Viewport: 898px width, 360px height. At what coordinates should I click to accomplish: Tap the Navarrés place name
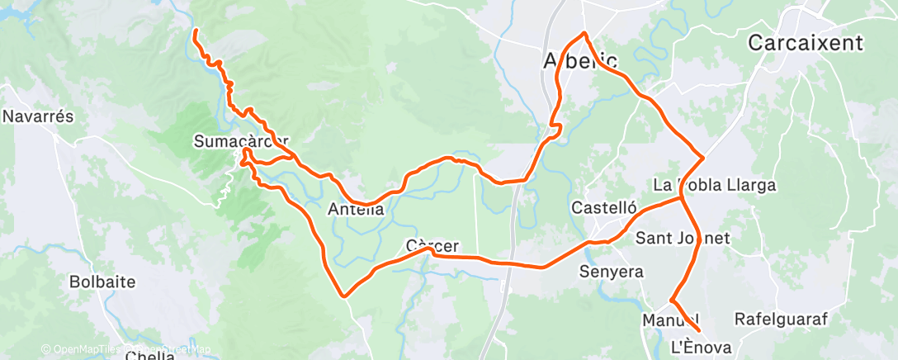coord(38,116)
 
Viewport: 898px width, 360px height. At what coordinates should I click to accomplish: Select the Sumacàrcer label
coord(241,140)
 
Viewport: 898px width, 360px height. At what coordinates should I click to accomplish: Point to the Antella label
coord(357,209)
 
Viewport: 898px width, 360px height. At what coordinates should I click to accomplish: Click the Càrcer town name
coord(432,245)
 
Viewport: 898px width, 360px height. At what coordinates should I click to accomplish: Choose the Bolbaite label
coord(102,282)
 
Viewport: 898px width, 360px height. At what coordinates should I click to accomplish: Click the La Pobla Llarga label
coord(714,185)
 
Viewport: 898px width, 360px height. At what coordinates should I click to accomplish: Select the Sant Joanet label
coord(683,239)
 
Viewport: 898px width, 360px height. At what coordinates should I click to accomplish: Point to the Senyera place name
coord(612,271)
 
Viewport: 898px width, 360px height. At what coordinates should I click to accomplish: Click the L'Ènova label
coord(702,348)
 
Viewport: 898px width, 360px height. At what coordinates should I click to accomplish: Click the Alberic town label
coord(579,61)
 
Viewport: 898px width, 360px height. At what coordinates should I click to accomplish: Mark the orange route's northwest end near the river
coord(196,31)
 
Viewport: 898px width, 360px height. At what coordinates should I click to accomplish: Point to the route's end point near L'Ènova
coord(699,332)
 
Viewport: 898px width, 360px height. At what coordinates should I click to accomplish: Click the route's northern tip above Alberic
coord(584,33)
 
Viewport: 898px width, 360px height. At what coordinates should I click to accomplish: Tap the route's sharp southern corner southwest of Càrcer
coord(343,295)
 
